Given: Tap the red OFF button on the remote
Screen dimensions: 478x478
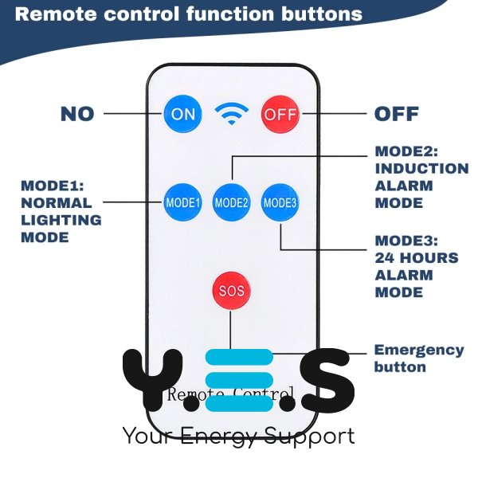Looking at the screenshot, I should point(280,114).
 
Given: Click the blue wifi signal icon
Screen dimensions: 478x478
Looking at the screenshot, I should point(231,114).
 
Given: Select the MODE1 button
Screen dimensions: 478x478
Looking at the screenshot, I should point(182,202).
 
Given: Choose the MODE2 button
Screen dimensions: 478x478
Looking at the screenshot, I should point(231,202).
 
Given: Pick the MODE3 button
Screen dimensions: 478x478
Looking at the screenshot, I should point(280,202).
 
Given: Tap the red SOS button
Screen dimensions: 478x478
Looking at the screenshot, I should point(231,291).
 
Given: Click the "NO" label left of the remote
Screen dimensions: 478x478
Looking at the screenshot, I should point(77,114).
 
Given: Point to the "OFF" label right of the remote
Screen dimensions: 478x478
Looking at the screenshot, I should point(397,114).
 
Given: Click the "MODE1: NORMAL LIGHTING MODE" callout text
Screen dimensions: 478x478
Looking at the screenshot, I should point(61,211).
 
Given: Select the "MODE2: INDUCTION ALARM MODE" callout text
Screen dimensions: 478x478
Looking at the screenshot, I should point(421,177).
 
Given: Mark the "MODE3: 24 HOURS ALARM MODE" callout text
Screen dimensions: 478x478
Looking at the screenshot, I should point(416,266).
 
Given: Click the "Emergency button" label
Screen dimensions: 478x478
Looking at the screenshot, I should point(418,358).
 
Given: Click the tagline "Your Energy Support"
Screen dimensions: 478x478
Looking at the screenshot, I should point(238,437).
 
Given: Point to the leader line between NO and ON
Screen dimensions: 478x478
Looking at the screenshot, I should point(132,114).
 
